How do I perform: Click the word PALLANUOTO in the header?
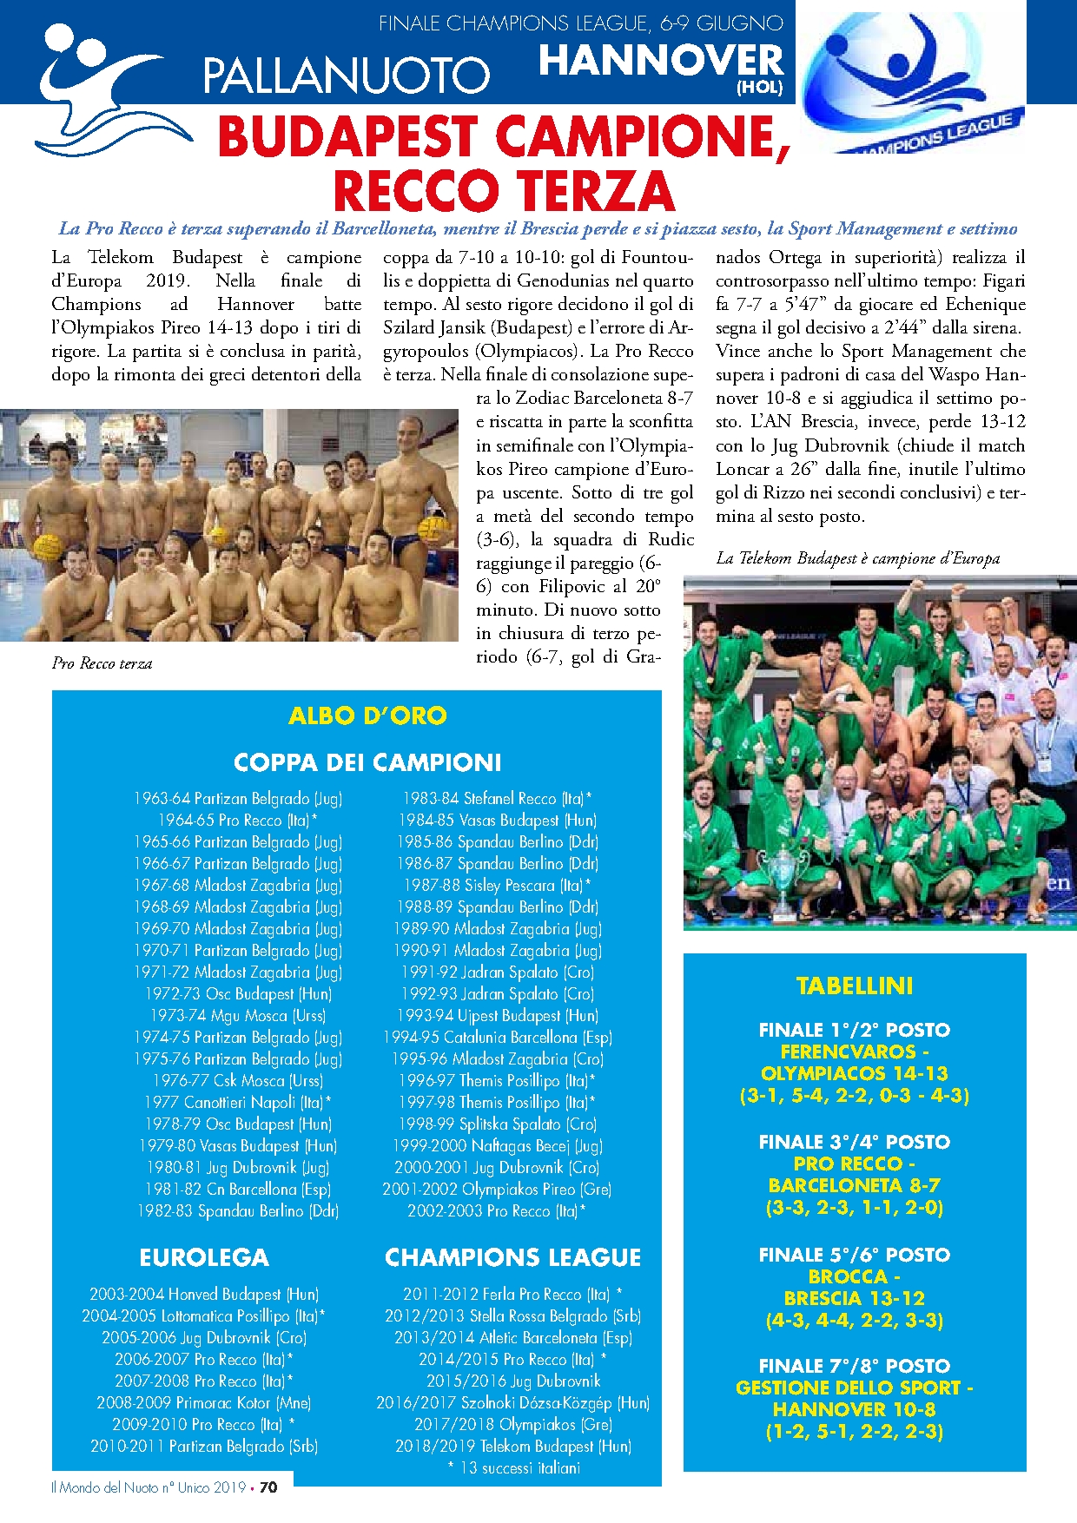point(346,75)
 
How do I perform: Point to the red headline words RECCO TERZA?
point(504,190)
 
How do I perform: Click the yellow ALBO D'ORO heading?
point(367,715)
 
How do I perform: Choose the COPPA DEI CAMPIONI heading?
point(367,762)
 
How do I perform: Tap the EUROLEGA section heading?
point(204,1257)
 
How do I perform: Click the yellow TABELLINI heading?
point(855,986)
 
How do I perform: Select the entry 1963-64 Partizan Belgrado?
point(238,798)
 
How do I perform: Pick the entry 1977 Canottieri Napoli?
point(238,1102)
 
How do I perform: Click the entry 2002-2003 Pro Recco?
point(497,1210)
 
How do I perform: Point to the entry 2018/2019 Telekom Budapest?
point(513,1446)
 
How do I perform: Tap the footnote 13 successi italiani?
point(513,1467)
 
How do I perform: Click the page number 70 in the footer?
point(268,1487)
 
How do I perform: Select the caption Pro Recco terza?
point(102,663)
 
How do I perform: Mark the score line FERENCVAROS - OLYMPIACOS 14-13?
point(855,1062)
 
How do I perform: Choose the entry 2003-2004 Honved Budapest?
point(204,1294)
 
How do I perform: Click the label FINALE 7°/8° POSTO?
point(855,1366)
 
